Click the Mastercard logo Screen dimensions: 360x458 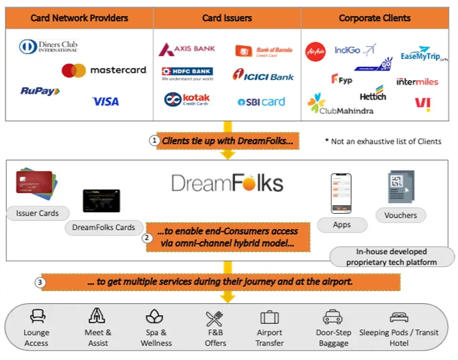click(103, 70)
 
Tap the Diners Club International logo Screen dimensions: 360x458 click(48, 47)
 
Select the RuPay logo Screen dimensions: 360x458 click(40, 92)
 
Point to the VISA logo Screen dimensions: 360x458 click(105, 102)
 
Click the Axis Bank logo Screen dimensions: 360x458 click(186, 50)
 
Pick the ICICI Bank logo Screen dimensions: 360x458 click(263, 75)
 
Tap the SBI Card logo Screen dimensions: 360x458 click(261, 102)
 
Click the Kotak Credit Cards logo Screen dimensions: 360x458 click(186, 100)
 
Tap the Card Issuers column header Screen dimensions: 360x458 click(226, 17)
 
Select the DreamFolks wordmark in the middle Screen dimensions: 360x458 click(227, 184)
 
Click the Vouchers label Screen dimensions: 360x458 click(401, 215)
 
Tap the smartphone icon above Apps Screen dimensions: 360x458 click(341, 193)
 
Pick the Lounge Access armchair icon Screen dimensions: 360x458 click(36, 317)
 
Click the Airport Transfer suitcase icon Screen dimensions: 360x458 click(270, 317)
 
